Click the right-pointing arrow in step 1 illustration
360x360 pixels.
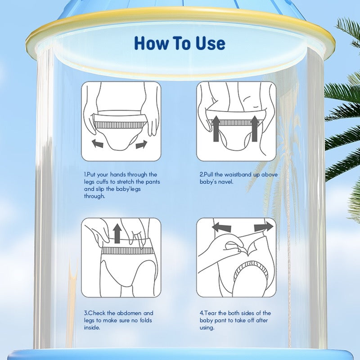point(140,144)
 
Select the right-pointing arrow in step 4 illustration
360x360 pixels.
point(263,226)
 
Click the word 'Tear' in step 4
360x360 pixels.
point(211,313)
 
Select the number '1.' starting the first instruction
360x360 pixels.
point(85,175)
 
